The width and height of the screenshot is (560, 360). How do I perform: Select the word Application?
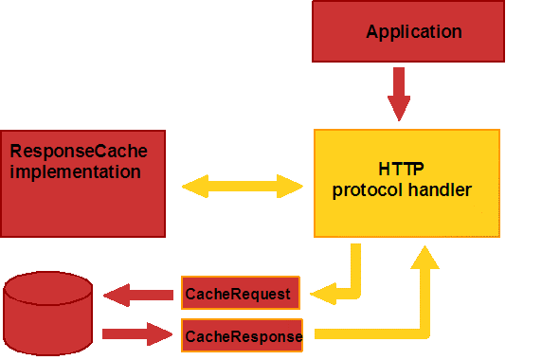(414, 32)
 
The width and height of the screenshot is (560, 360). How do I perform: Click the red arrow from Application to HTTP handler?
(399, 95)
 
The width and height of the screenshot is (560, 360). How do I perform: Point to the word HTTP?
(402, 171)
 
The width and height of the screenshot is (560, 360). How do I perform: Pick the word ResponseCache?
(78, 152)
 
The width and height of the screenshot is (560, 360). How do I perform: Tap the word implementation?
(75, 172)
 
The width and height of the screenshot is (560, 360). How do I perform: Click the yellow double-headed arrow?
(242, 186)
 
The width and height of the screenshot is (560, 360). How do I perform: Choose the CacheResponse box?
(243, 335)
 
